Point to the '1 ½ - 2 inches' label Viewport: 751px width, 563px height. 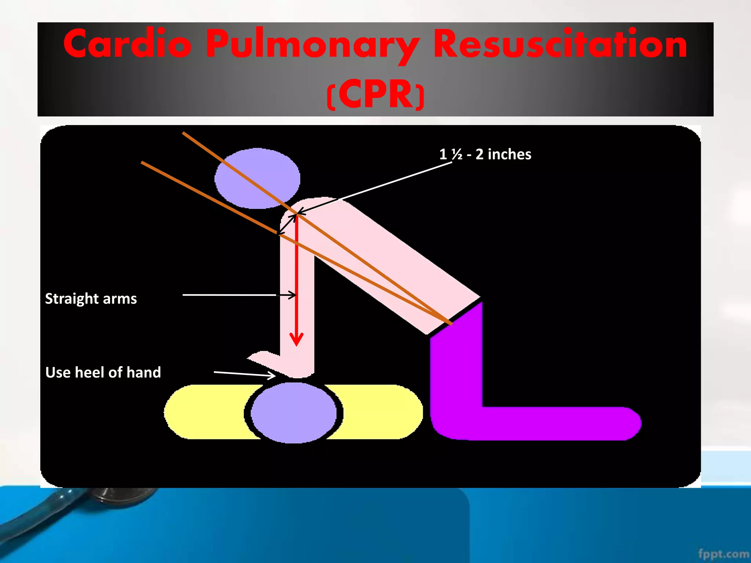pos(485,154)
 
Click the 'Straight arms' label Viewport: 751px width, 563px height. pos(91,298)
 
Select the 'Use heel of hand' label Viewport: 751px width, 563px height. pos(103,372)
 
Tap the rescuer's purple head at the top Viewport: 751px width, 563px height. pos(257,179)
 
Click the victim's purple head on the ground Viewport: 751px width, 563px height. pos(294,413)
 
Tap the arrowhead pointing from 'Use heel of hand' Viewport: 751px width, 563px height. pos(272,375)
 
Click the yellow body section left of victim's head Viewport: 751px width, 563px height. pos(205,412)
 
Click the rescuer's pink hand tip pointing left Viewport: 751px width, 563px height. pos(257,357)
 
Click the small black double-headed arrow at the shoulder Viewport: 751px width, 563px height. pos(287,224)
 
